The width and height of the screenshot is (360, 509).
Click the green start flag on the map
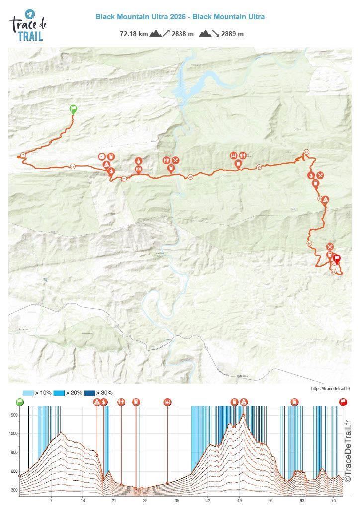tap(73, 109)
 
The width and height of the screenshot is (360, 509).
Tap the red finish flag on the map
tap(337, 259)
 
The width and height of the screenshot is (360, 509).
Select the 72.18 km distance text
tap(133, 34)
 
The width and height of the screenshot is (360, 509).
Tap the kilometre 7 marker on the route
tap(23, 155)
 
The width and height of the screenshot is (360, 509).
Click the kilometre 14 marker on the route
tap(73, 166)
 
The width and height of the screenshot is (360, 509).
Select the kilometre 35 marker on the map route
tap(259, 167)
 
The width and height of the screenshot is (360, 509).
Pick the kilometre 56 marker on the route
tap(309, 244)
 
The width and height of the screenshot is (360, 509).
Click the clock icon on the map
tap(101, 156)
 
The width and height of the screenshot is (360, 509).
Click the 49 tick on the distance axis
tap(240, 501)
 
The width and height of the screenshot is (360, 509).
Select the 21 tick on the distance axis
tap(114, 501)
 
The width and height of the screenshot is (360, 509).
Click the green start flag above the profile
tap(20, 402)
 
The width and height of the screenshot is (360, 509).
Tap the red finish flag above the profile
tap(343, 402)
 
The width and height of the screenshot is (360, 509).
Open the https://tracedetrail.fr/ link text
tap(330, 389)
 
